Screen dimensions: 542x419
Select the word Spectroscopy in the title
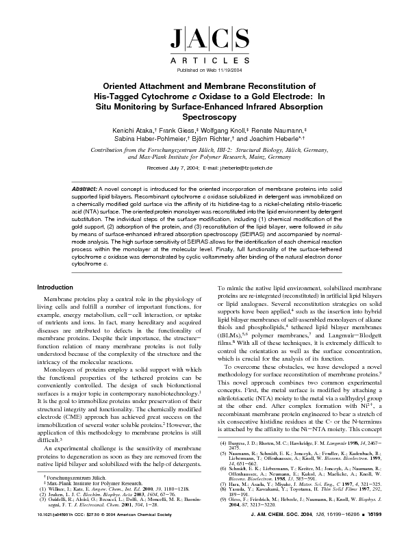point(209,118)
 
